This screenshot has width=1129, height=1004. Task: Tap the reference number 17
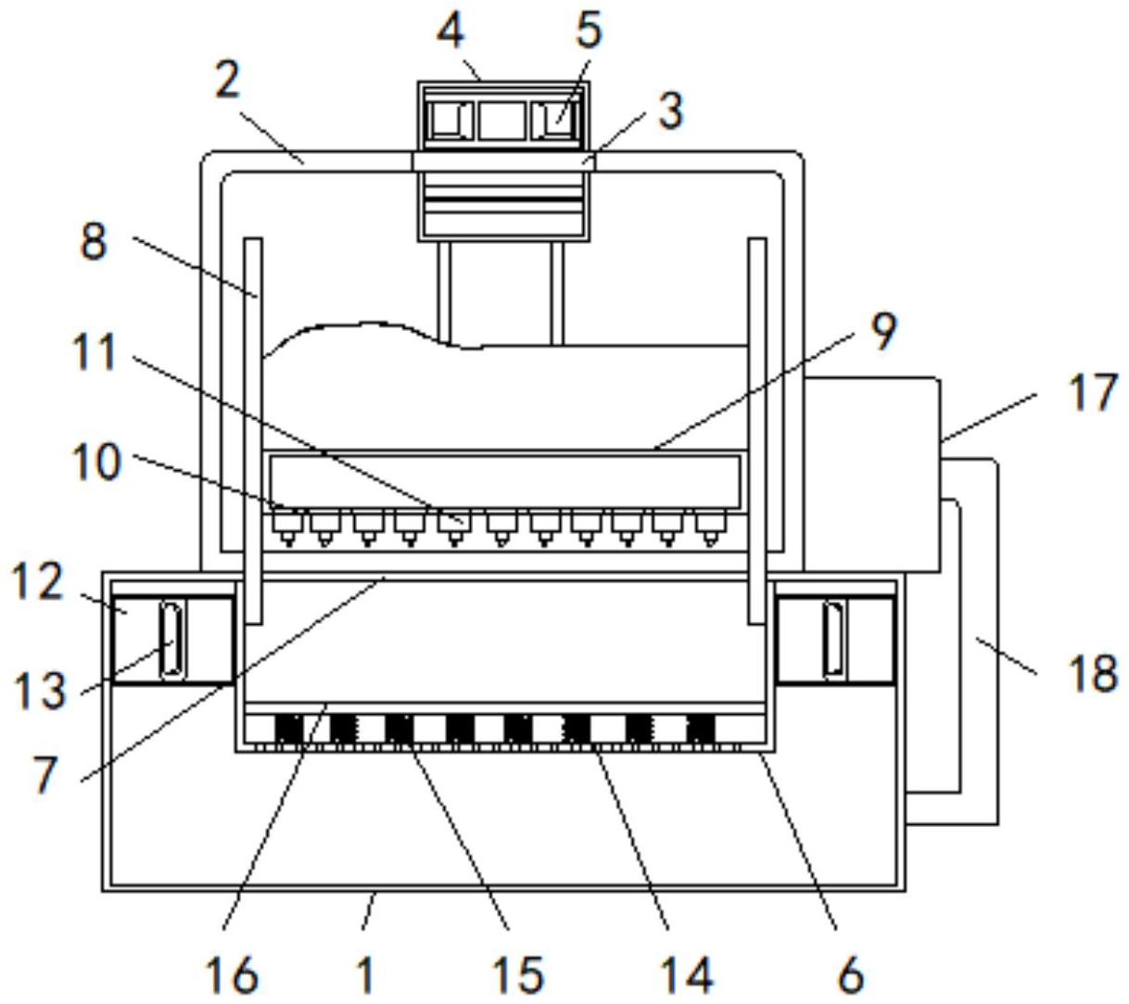(1092, 392)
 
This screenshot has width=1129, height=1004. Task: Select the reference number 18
(1093, 673)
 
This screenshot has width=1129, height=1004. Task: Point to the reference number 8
(94, 243)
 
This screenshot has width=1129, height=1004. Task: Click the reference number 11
(95, 353)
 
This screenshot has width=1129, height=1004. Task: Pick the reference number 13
(40, 691)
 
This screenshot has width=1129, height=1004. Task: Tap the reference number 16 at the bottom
(231, 973)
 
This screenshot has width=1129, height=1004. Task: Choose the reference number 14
(687, 973)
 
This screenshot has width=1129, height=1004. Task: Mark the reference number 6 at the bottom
(850, 973)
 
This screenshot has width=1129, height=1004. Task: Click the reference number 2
(227, 82)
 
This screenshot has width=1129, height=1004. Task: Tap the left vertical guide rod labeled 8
(252, 426)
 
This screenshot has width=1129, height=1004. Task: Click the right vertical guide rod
(757, 426)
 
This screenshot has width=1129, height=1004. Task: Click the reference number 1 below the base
(366, 973)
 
